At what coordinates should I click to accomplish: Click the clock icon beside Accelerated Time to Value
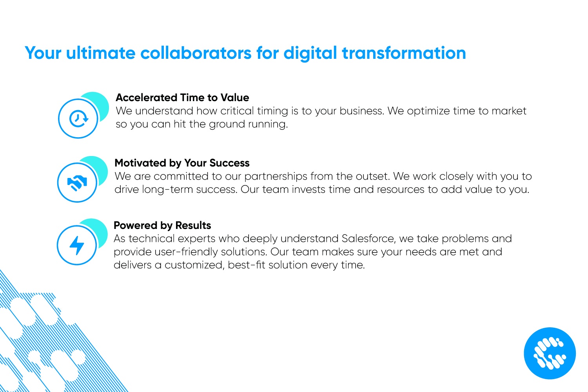(x=78, y=118)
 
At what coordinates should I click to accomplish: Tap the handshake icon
(x=77, y=183)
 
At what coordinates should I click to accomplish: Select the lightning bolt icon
(x=77, y=245)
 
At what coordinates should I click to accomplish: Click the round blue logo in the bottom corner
(x=550, y=353)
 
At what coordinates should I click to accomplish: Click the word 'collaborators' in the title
(x=196, y=53)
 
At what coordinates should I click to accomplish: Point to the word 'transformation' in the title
(x=404, y=53)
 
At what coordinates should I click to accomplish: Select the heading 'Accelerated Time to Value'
(x=182, y=97)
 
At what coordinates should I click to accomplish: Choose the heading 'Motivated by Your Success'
(x=182, y=163)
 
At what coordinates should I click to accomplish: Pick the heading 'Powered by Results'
(x=162, y=225)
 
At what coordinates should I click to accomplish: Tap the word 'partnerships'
(x=276, y=176)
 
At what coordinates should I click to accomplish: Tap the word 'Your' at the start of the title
(x=43, y=53)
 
